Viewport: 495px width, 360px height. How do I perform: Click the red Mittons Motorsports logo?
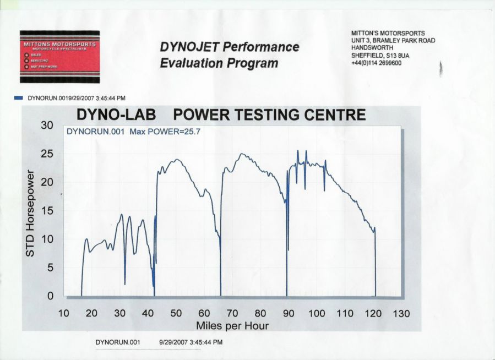point(59,57)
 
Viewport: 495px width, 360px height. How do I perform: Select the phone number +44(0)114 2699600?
point(376,63)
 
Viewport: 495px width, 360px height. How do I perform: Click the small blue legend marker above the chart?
point(18,98)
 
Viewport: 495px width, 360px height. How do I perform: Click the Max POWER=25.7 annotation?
point(165,132)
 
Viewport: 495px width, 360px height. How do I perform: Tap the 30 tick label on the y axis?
point(47,126)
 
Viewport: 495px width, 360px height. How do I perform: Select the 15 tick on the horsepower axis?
point(47,211)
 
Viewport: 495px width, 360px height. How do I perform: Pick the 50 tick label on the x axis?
point(176,313)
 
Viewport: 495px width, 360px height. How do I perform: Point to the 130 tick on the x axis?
point(401,313)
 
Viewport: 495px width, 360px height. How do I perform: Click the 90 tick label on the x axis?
point(289,313)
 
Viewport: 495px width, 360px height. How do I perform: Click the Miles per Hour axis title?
point(232,326)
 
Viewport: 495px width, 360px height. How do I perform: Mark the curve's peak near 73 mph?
point(241,154)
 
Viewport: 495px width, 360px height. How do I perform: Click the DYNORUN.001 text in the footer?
point(118,342)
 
